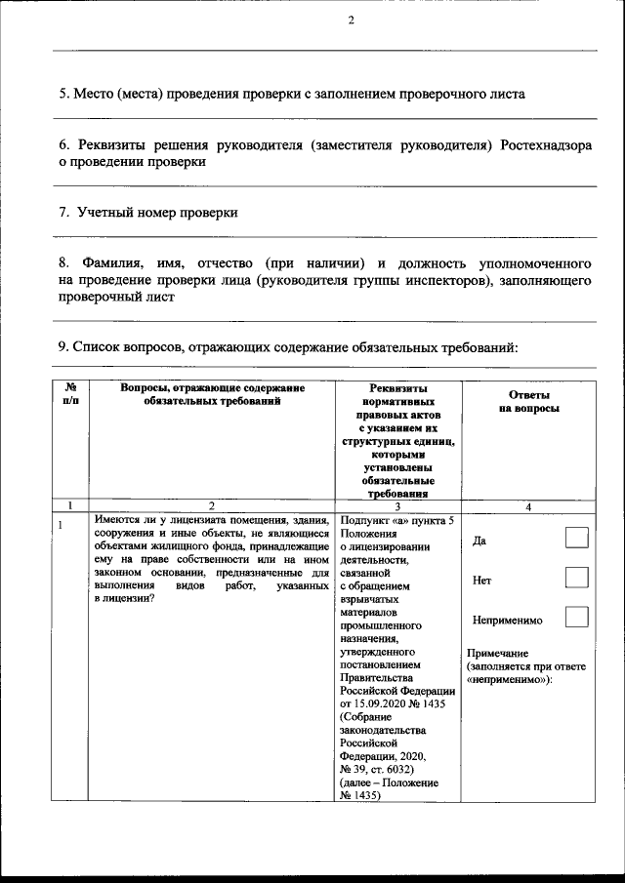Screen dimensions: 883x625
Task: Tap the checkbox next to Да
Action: [x=577, y=538]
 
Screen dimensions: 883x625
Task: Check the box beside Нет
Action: [x=577, y=578]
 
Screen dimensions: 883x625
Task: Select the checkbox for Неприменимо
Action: [x=577, y=617]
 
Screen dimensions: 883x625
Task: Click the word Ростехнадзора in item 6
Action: [x=545, y=145]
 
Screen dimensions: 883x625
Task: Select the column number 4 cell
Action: [x=528, y=505]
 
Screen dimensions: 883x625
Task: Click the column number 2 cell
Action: [x=212, y=505]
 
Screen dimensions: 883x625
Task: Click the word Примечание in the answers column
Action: [x=498, y=652]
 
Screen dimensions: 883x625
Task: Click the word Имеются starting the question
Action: [x=118, y=520]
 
